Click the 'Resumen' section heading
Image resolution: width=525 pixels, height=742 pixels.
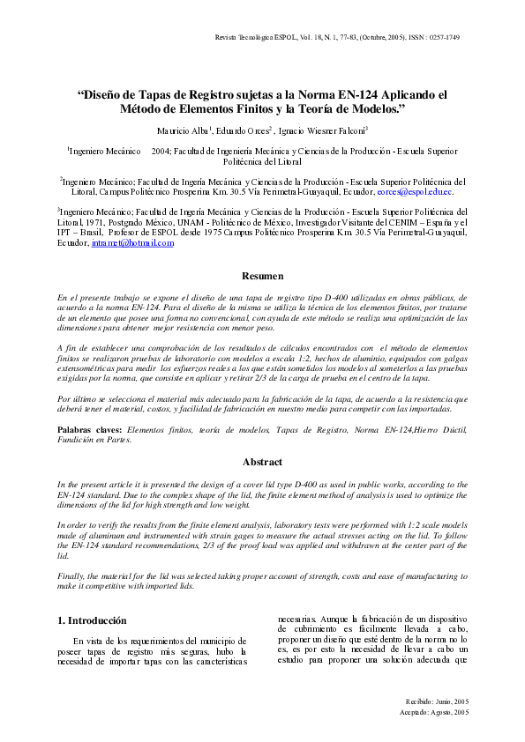pyautogui.click(x=262, y=276)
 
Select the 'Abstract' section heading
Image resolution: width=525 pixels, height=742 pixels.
pyautogui.click(x=262, y=462)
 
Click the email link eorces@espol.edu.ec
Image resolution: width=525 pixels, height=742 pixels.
pyautogui.click(x=415, y=191)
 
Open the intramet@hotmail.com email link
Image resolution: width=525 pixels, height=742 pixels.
pyautogui.click(x=132, y=243)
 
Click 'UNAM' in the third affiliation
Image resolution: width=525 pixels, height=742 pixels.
pyautogui.click(x=181, y=222)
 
